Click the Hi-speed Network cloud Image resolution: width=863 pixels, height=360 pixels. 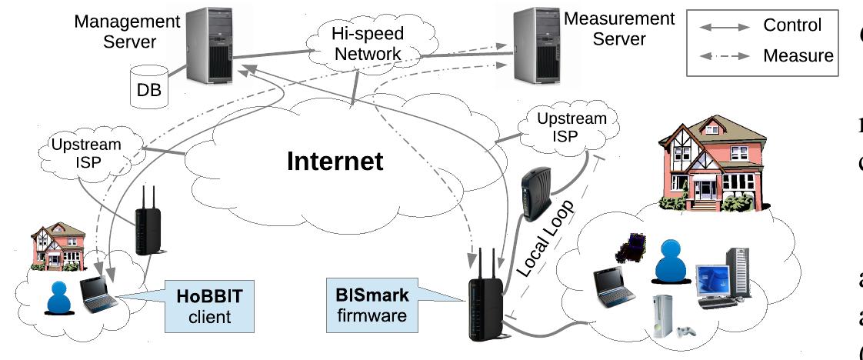pos(365,43)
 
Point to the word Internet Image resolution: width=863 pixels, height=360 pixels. pos(335,162)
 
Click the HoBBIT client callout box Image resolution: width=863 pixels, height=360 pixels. pos(211,306)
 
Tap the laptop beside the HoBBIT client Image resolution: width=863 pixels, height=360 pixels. pos(101,294)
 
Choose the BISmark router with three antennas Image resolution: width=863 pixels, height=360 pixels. pos(485,300)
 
